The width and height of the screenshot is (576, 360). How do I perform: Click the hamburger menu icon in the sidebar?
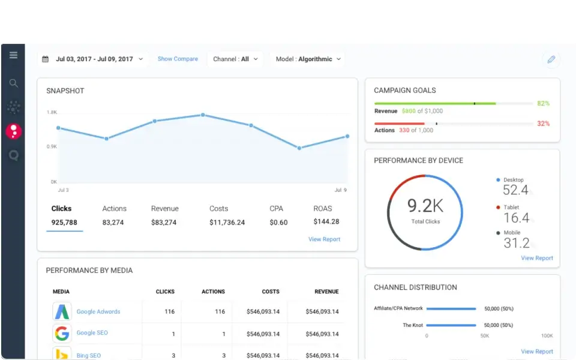(13, 55)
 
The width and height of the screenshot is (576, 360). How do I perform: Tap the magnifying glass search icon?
(13, 83)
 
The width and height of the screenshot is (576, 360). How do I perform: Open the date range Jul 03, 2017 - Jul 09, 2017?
(94, 59)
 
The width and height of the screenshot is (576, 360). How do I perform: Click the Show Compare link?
(178, 59)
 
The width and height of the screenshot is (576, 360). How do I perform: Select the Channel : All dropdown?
(235, 59)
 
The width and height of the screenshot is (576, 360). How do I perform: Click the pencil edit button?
(551, 59)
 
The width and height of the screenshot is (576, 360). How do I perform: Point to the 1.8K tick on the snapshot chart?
(52, 112)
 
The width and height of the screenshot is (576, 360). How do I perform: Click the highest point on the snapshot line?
(203, 115)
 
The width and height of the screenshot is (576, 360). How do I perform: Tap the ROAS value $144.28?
(326, 221)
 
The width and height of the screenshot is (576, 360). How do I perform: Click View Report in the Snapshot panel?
(324, 239)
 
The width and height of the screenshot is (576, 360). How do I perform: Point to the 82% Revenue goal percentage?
(543, 104)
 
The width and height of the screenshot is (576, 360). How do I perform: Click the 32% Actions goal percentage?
(543, 124)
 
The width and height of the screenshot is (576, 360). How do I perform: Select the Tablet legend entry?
(511, 208)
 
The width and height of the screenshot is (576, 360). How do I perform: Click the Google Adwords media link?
(98, 312)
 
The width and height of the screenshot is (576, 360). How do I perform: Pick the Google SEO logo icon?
(62, 333)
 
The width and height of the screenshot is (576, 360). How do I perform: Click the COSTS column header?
(271, 292)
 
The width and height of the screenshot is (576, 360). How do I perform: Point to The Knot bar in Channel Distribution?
(452, 325)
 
